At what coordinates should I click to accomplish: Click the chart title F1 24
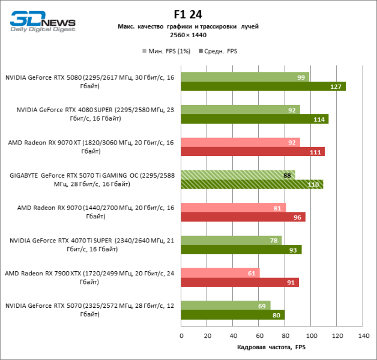click(x=188, y=14)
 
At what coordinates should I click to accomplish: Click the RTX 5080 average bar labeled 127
click(x=263, y=87)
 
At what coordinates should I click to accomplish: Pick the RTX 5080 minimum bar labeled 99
click(x=245, y=77)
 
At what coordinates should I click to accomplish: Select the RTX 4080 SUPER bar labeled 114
click(x=255, y=119)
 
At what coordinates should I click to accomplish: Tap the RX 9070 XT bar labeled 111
click(x=253, y=152)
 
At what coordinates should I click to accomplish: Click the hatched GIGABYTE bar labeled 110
click(x=252, y=184)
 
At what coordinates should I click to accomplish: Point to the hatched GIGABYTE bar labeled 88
click(x=238, y=175)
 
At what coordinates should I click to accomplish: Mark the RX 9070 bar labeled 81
click(x=234, y=207)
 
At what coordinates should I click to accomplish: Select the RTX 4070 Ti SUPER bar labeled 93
click(x=241, y=249)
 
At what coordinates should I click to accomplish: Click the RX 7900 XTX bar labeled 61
click(x=220, y=272)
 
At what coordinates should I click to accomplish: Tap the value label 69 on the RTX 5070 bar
click(x=261, y=305)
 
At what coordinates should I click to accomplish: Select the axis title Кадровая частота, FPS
click(x=271, y=347)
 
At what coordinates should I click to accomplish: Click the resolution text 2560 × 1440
click(x=188, y=35)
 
